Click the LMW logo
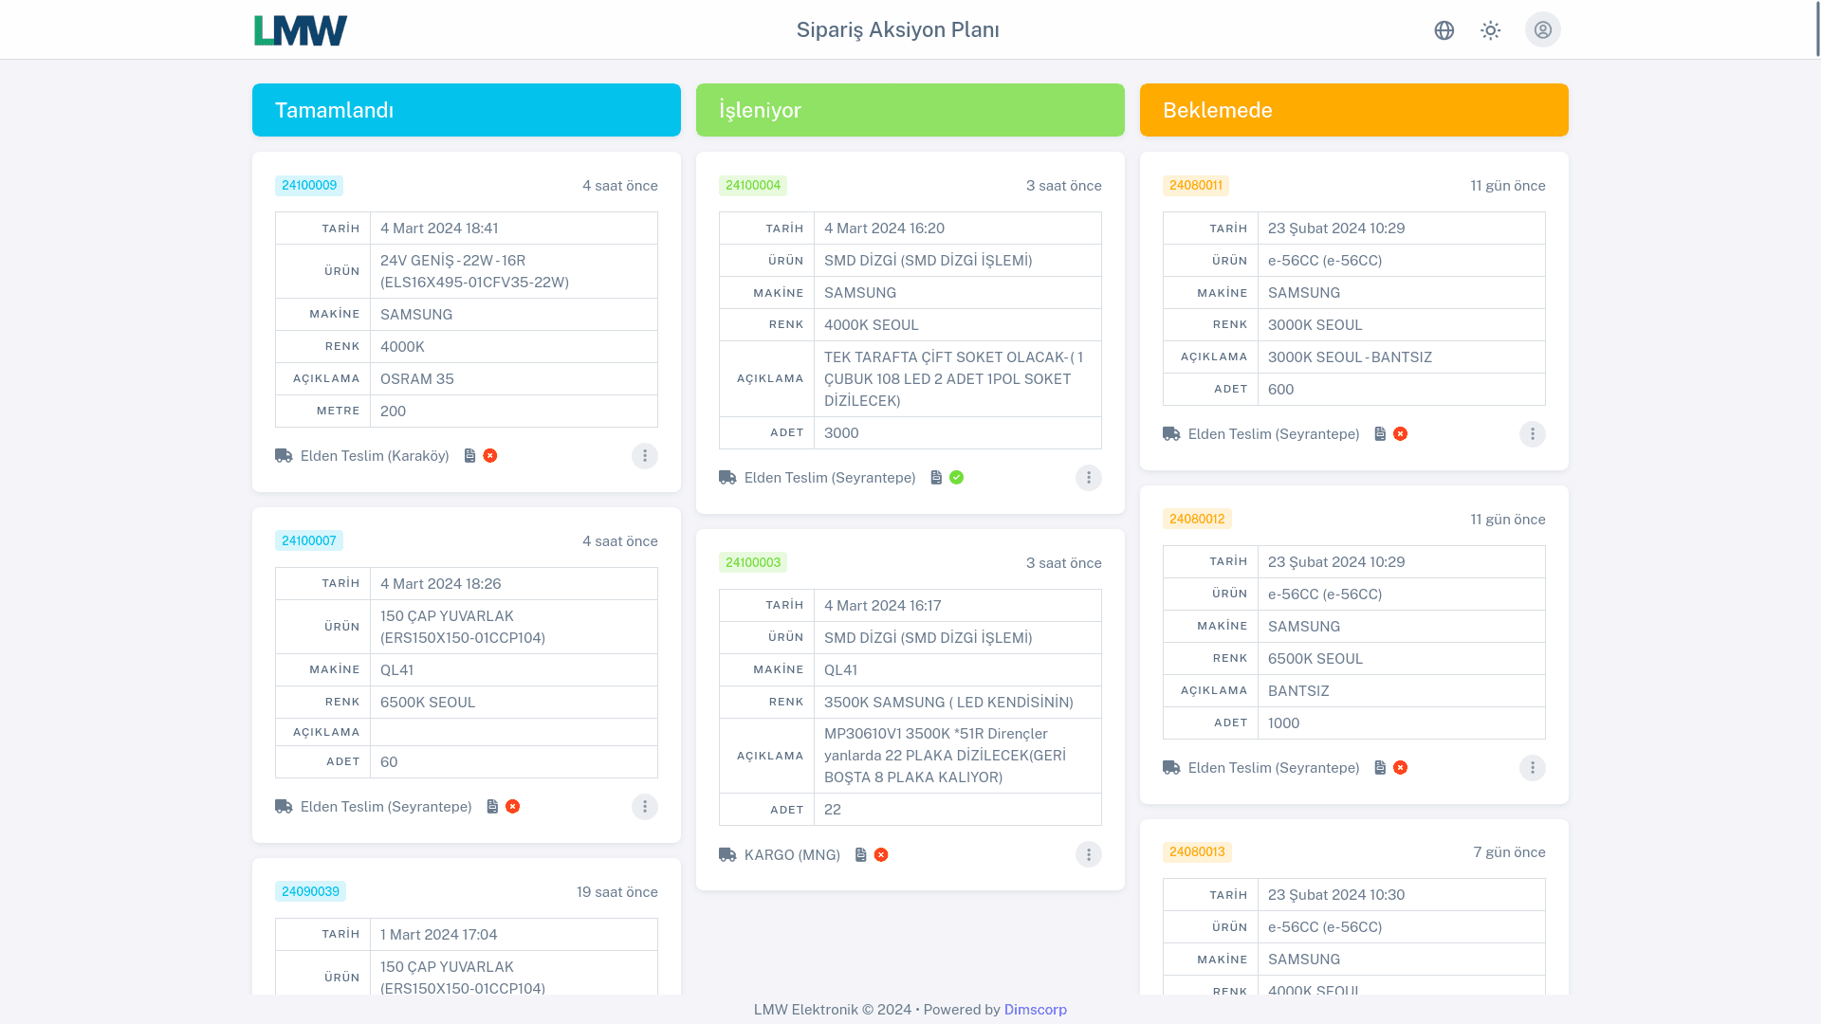[301, 30]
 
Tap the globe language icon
[1444, 30]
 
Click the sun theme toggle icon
[1490, 30]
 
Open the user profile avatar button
[1542, 30]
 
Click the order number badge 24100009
[309, 186]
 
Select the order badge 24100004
[753, 186]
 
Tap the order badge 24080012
[1197, 519]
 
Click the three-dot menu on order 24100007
[645, 807]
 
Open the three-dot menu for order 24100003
[1089, 855]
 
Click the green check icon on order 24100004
[956, 478]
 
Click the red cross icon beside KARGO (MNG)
[881, 855]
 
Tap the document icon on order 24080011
[1380, 434]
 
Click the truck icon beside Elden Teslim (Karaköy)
[284, 456]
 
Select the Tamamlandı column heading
[334, 110]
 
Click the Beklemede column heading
[1217, 110]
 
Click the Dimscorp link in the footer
[1035, 1010]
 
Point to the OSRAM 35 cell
[417, 379]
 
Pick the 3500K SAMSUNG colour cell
[948, 703]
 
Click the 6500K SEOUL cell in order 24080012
[1315, 659]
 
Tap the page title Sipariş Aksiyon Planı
[897, 30]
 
